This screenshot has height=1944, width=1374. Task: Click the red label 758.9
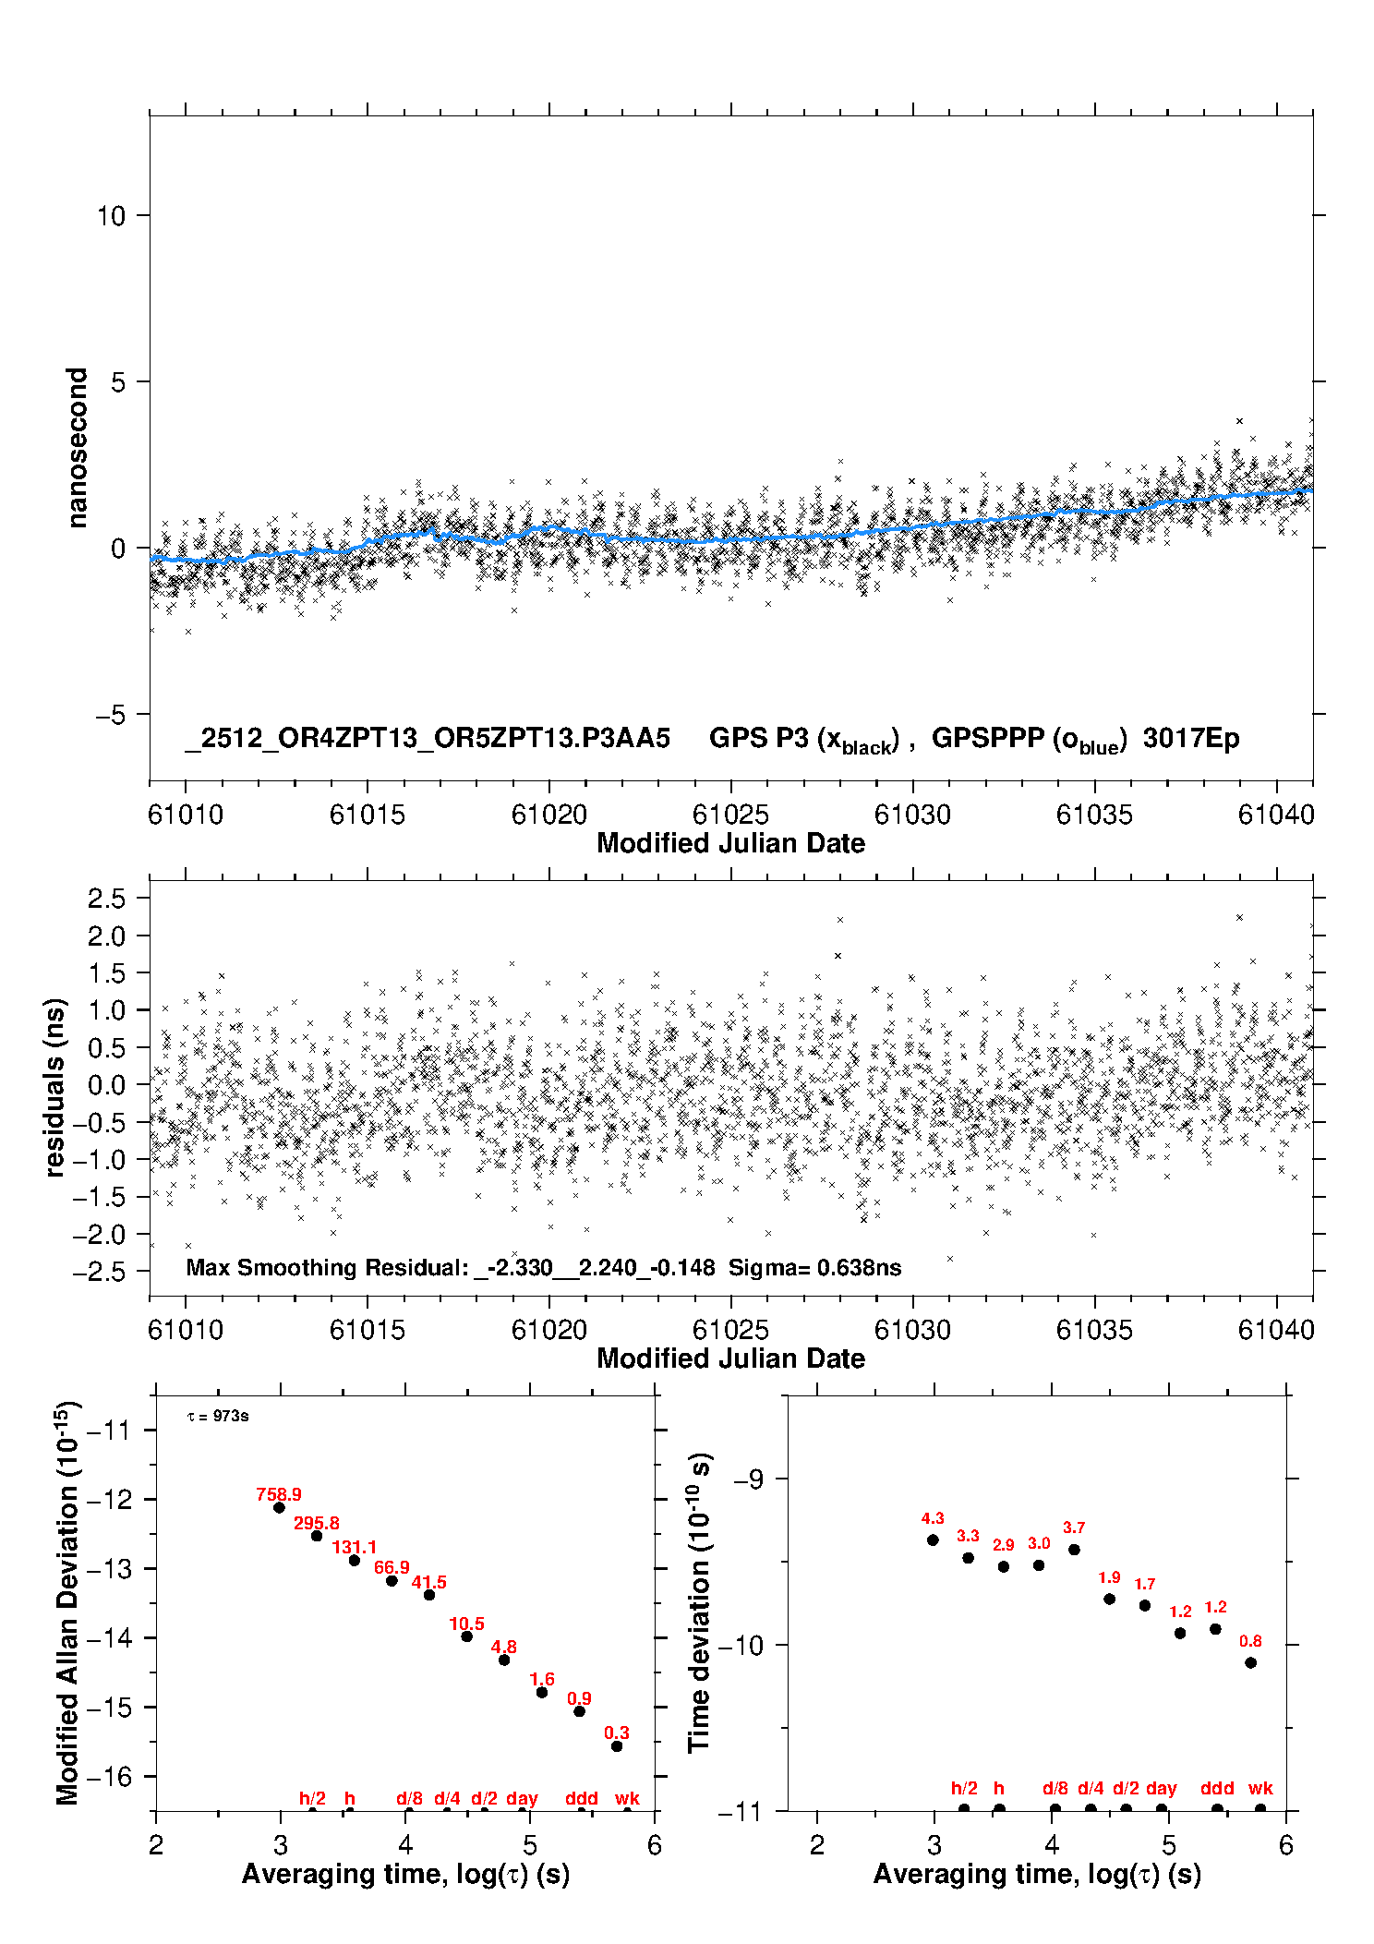pos(279,1494)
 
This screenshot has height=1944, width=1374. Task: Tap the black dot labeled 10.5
pos(467,1636)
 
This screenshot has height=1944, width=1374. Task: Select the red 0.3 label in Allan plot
pos(617,1733)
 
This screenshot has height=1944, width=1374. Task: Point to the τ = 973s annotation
pos(218,1416)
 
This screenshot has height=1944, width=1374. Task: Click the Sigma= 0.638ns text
pos(814,1267)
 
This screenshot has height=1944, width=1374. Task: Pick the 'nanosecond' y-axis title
pos(77,448)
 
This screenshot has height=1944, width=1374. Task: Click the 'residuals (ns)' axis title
pos(55,1087)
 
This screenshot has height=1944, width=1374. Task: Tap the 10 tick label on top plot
pos(111,216)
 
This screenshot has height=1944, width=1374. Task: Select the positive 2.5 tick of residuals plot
pos(106,898)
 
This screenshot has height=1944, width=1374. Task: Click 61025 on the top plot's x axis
pos(730,815)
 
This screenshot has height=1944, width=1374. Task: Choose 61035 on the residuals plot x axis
pos(1094,1330)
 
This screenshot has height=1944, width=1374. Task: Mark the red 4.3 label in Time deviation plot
pos(933,1518)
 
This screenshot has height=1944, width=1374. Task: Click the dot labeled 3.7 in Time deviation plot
pos(1074,1549)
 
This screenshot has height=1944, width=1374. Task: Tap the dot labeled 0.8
pos(1251,1662)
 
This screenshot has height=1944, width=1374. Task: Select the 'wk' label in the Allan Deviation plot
pos(627,1798)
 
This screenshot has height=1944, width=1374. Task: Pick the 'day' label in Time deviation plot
pos(1162,1788)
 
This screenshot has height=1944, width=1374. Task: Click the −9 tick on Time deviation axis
pos(748,1479)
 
